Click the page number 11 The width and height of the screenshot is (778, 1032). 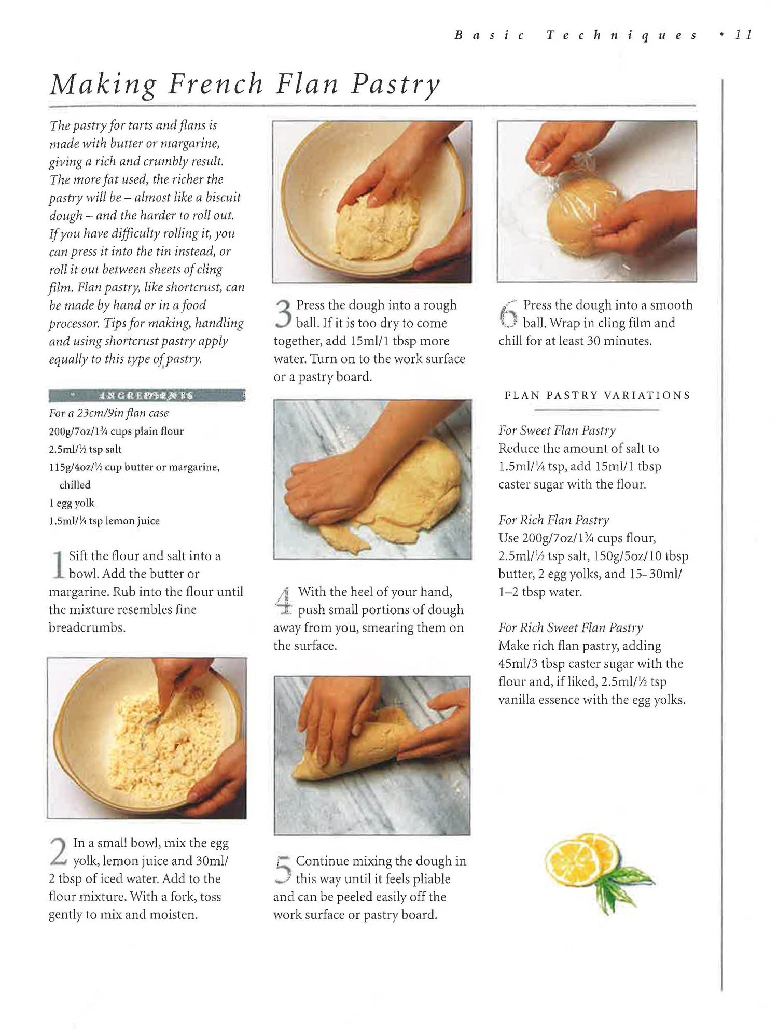743,35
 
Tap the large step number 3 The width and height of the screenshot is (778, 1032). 283,314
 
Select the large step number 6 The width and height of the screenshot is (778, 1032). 508,314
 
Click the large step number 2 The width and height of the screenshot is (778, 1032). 59,852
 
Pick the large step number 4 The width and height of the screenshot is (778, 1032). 284,601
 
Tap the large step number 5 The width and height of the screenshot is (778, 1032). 283,870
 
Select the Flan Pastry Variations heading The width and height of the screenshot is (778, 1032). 598,395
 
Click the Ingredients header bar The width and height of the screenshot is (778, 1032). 147,396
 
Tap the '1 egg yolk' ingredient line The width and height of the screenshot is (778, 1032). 72,503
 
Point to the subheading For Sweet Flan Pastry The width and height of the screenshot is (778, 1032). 557,430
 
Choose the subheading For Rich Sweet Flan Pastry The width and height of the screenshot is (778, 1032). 571,628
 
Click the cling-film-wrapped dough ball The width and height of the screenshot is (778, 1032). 584,216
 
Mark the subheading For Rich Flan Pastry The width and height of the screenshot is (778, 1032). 554,520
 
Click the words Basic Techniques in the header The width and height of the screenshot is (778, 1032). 576,35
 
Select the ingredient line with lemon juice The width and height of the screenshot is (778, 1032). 104,521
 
